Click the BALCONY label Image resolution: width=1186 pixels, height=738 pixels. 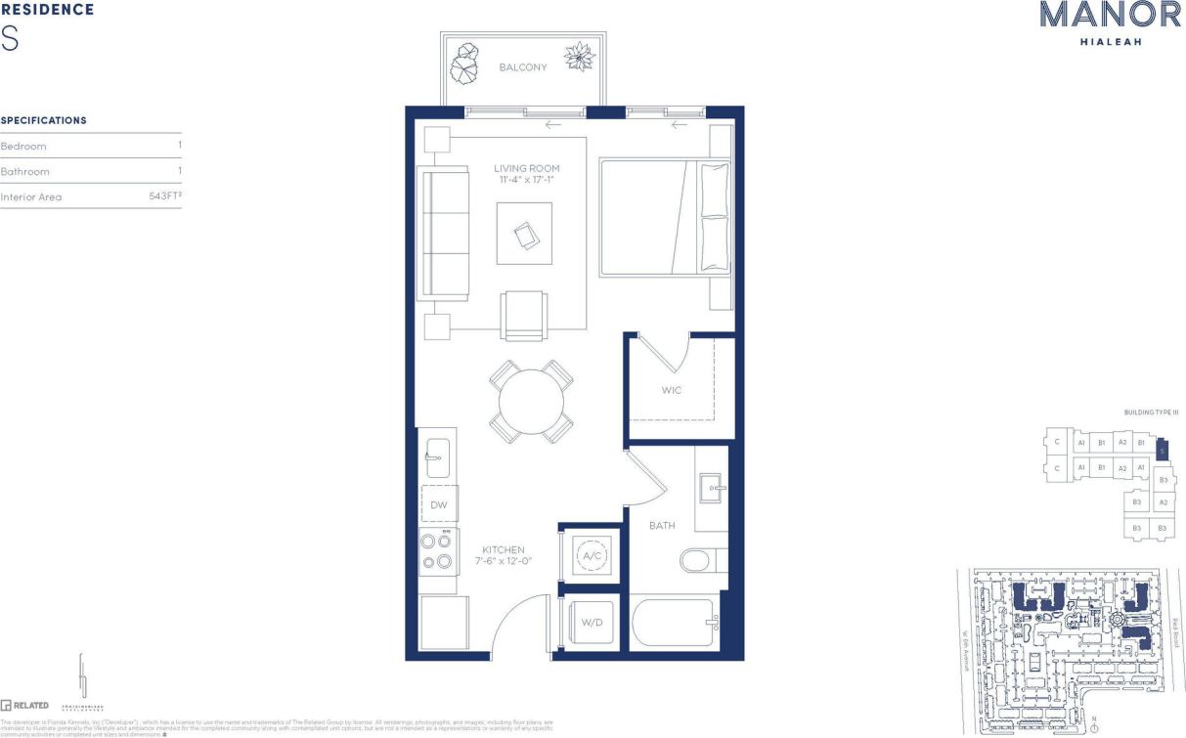523,67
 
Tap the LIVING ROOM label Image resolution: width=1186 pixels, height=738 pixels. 527,169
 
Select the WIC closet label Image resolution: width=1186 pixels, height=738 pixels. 671,390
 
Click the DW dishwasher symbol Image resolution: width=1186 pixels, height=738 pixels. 439,504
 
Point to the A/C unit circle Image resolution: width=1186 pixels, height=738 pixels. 592,556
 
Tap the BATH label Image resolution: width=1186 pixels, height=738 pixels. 662,526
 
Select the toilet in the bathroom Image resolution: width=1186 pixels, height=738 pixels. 696,561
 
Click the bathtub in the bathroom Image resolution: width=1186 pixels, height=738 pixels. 675,622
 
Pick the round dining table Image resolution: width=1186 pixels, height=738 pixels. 531,401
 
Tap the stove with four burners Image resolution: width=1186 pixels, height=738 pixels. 438,551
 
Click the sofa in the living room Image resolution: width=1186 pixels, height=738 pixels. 443,233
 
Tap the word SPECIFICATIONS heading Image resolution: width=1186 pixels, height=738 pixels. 44,120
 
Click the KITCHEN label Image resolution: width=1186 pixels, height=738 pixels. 503,550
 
